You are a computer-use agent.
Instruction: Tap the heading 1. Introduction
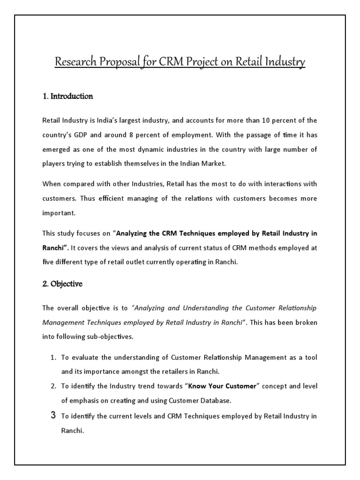pos(67,97)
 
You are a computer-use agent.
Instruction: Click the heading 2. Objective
pos(62,284)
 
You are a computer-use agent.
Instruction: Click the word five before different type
pos(48,262)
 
